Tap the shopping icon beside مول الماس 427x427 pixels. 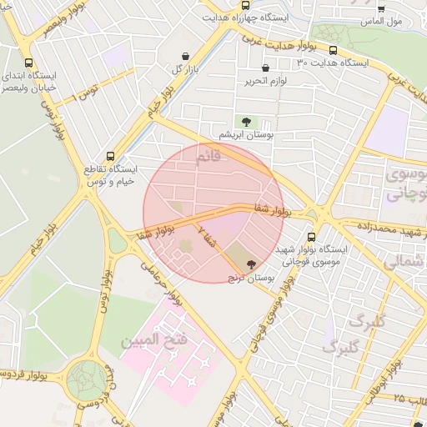(381, 8)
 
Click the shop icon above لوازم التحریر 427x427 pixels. (265, 68)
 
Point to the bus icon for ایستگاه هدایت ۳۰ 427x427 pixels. (334, 50)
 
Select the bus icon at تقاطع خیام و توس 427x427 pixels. (112, 156)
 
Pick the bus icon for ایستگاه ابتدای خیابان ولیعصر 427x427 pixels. (30, 63)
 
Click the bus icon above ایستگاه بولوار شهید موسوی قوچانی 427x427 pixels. (311, 237)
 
